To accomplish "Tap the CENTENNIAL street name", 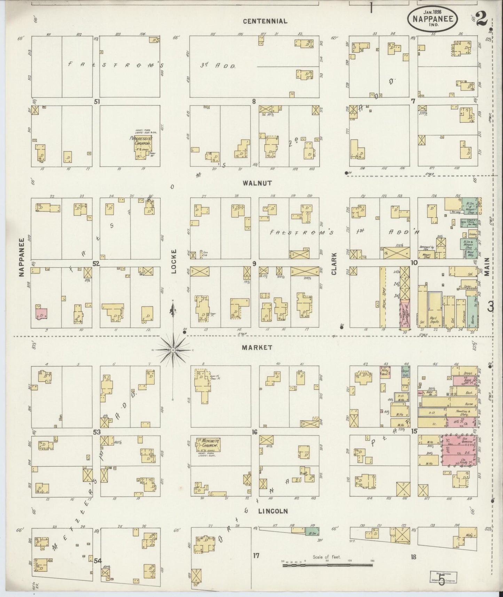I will pos(265,21).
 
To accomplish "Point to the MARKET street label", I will pos(258,347).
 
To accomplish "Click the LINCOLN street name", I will pos(273,511).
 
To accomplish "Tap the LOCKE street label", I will pos(174,261).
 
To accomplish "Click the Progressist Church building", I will pos(143,148).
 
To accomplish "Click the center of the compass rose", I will pos(173,349).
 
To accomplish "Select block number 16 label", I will pos(254,432).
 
